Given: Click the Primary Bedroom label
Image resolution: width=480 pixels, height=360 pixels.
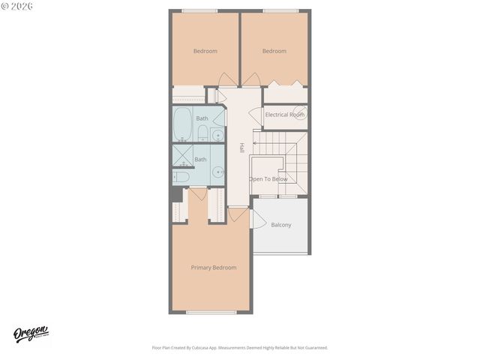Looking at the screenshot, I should pyautogui.click(x=214, y=268).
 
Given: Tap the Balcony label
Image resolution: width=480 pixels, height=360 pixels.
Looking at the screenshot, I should pyautogui.click(x=281, y=225).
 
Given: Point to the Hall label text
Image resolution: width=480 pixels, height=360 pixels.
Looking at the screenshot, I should pyautogui.click(x=241, y=148).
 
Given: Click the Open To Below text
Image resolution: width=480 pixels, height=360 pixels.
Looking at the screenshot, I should pyautogui.click(x=268, y=179).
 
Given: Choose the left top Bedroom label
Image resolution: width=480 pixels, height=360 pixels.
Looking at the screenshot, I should pyautogui.click(x=205, y=51).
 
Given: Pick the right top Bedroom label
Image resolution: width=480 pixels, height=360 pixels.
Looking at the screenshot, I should pyautogui.click(x=274, y=51).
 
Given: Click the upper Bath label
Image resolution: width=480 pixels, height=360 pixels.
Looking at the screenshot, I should pyautogui.click(x=202, y=118).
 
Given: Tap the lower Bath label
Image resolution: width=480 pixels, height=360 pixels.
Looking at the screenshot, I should pyautogui.click(x=201, y=159).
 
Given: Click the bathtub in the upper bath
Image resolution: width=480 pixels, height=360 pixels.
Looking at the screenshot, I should pyautogui.click(x=182, y=124).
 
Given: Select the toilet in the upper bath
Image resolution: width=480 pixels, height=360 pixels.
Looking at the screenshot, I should pyautogui.click(x=202, y=134).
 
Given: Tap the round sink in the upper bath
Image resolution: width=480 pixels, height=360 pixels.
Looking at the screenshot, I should pyautogui.click(x=217, y=135).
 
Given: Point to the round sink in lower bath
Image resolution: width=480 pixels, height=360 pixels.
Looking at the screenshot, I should pyautogui.click(x=217, y=172).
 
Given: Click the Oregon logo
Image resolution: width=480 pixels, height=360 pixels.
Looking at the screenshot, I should pyautogui.click(x=31, y=334).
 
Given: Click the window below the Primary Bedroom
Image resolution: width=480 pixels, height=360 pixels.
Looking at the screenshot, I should pyautogui.click(x=211, y=312).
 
